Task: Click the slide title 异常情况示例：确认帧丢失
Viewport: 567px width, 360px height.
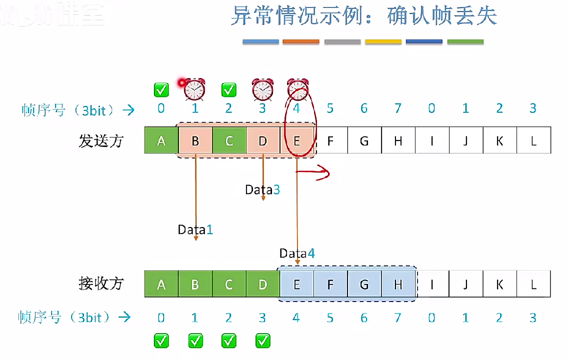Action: (363, 16)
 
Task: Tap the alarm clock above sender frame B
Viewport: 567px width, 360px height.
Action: (194, 89)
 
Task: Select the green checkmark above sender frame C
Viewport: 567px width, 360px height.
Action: (228, 90)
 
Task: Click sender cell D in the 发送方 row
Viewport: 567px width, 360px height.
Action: (263, 140)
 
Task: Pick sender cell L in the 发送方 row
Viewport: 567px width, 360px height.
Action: (533, 140)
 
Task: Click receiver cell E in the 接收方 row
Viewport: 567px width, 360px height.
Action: (296, 284)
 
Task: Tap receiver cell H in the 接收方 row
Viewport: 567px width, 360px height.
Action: (398, 284)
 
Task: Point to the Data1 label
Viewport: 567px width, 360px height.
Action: (195, 229)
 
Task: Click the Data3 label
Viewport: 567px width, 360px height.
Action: (262, 189)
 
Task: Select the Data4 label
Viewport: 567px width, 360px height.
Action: (297, 253)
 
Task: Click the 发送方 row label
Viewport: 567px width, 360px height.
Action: (100, 141)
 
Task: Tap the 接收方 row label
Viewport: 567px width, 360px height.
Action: (100, 283)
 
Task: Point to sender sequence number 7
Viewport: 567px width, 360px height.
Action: (398, 108)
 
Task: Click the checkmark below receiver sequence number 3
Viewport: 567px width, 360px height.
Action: (262, 341)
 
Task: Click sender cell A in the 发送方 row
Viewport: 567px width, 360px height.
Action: (161, 140)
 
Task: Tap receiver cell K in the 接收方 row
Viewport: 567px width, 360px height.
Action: (499, 284)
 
